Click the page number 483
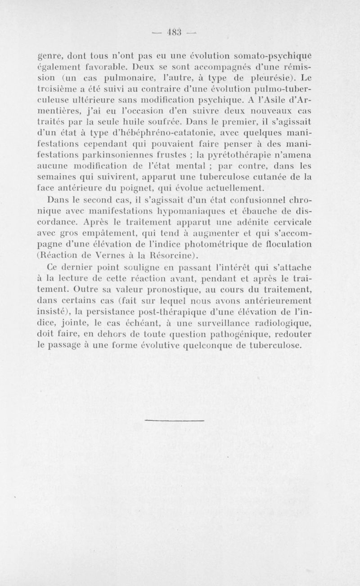point(180,33)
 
